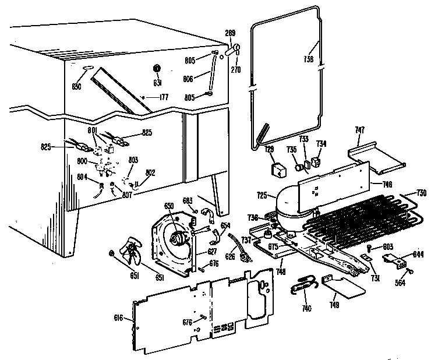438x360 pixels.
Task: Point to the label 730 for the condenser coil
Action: tap(422, 193)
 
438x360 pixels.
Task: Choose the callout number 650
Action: tap(169, 206)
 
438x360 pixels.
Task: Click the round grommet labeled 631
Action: tap(157, 68)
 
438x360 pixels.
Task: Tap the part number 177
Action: tap(164, 97)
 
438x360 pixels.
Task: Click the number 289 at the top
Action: tap(230, 33)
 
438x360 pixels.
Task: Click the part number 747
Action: tap(360, 131)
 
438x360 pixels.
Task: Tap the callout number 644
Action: tap(418, 254)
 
